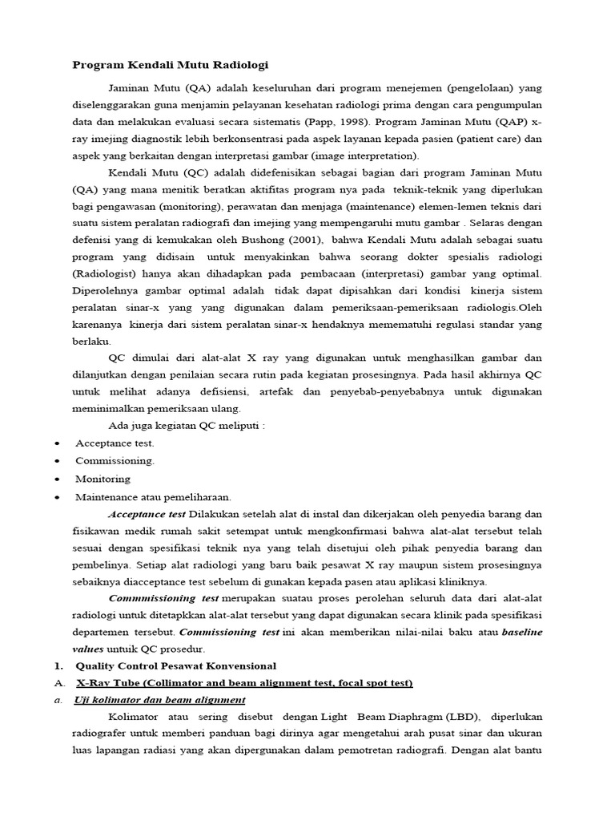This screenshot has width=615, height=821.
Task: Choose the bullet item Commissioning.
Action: coord(115,461)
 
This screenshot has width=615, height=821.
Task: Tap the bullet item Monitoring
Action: coord(102,479)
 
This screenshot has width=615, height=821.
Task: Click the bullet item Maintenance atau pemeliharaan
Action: coord(153,496)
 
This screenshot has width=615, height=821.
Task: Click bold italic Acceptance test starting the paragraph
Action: coord(147,513)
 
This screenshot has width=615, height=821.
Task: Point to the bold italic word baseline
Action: coord(522,632)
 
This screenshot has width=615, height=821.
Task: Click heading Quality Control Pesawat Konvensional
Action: coord(175,666)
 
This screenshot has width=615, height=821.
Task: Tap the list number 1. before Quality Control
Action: coord(58,666)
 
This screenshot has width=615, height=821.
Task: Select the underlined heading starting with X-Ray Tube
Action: coord(244,683)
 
